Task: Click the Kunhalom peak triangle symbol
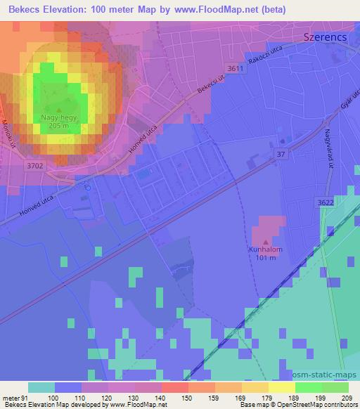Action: [266, 241]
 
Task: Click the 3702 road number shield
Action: [34, 166]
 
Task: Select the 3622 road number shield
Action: [345, 202]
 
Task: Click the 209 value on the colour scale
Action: [347, 397]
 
